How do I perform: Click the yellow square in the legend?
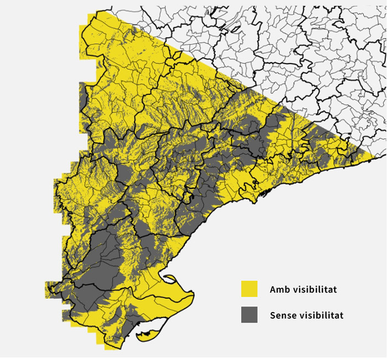tap(249, 289)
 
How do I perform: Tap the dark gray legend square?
tap(249, 315)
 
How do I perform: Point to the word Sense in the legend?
tap(283, 315)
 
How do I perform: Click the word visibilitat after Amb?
tap(314, 289)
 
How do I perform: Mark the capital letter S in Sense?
tap(273, 315)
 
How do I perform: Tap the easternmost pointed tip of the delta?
tap(193, 293)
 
